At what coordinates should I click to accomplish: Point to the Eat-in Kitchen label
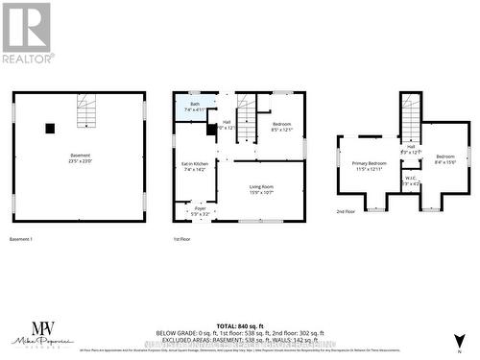(195, 166)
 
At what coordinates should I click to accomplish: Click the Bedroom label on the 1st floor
(280, 126)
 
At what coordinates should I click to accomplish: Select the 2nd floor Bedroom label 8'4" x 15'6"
(444, 158)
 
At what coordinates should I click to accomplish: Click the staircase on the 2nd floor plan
(411, 123)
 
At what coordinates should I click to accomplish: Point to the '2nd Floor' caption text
(347, 210)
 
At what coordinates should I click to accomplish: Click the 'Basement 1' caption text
(21, 238)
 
